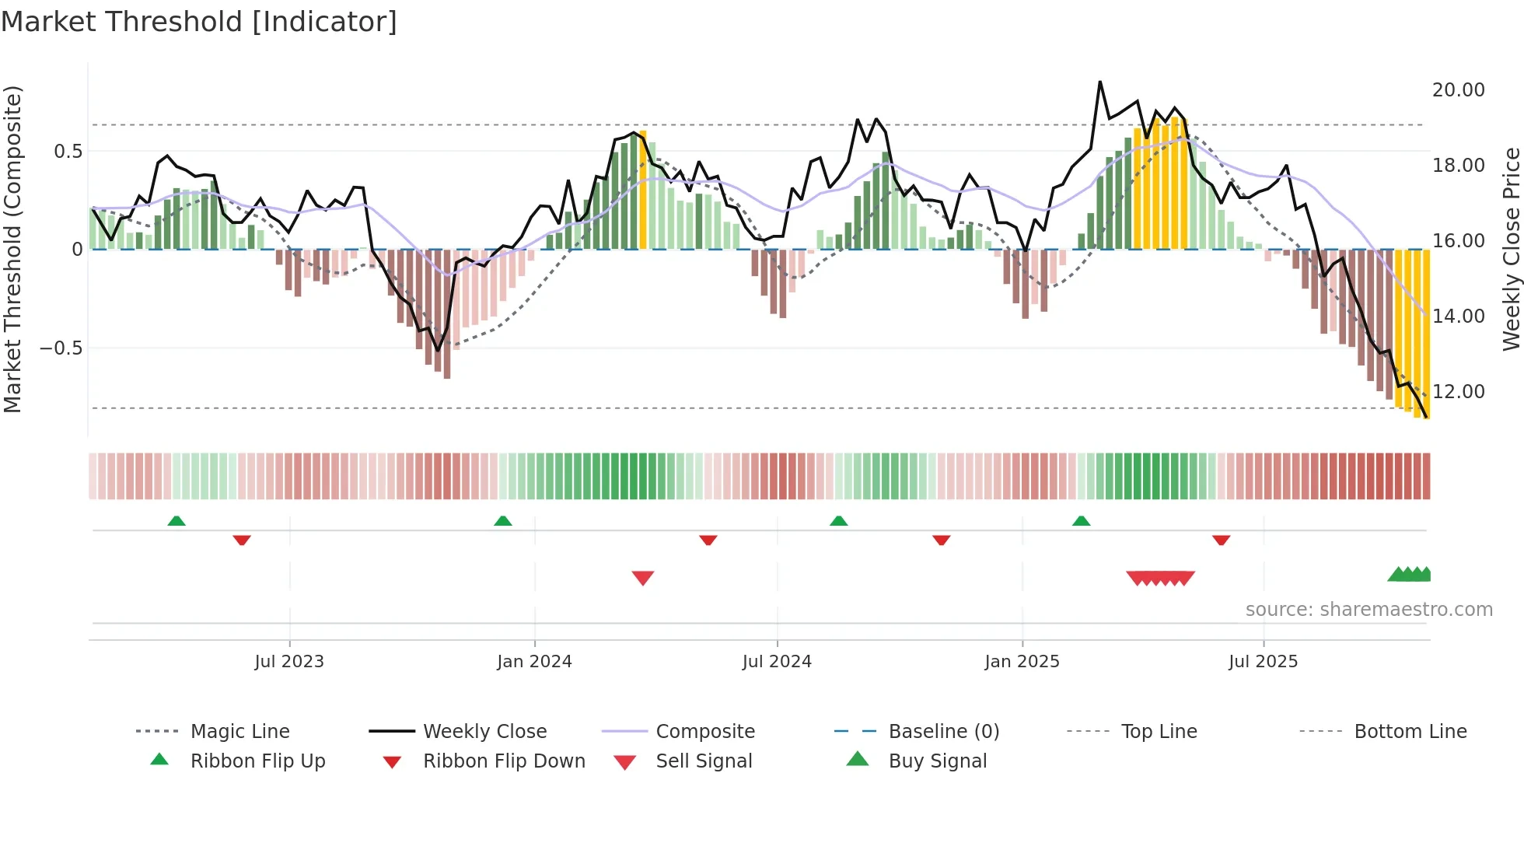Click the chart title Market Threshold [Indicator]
pos(199,22)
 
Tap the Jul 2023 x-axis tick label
pos(289,662)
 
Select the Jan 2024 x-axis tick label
pos(534,662)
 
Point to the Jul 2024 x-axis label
pos(777,662)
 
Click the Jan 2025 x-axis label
pos(1022,662)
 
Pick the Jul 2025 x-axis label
pos(1264,662)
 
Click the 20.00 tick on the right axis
pos(1458,90)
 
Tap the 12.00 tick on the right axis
pos(1458,392)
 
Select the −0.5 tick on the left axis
pos(61,348)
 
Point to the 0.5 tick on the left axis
pos(68,152)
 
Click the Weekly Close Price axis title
pos(1511,249)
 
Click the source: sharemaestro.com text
pos(1368,610)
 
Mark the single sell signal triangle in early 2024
pos(643,578)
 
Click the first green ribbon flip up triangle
pos(177,521)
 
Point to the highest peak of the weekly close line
pos(1100,82)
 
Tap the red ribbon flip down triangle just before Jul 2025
pos(1221,540)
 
